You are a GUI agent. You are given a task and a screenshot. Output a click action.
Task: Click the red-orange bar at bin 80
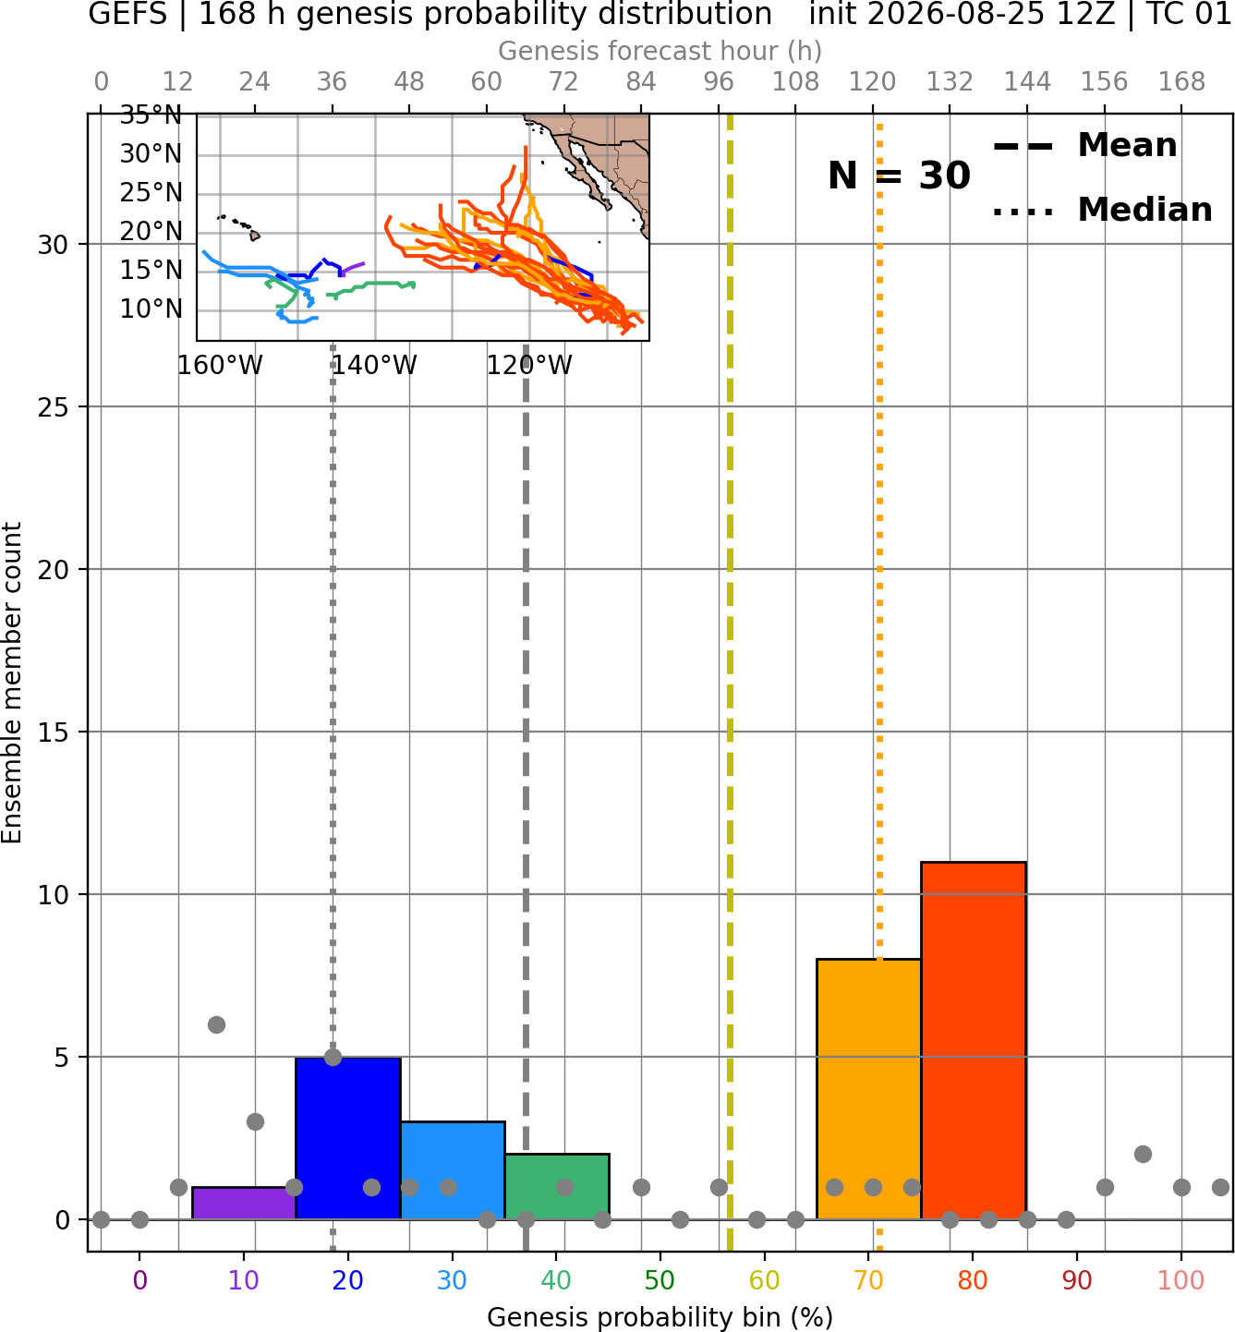pos(973,1039)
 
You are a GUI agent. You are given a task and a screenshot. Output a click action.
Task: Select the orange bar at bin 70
pos(868,1088)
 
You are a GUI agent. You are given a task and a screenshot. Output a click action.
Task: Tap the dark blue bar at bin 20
pos(347,1137)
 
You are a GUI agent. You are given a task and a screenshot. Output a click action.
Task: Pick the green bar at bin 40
pos(556,1186)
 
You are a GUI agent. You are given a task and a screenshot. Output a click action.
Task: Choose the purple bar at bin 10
pos(244,1203)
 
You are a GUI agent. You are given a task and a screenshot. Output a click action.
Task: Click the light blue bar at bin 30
pos(452,1170)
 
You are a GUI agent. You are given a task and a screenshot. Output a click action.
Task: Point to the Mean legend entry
pos(1084,146)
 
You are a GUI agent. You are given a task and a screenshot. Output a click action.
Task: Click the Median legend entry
pos(1102,210)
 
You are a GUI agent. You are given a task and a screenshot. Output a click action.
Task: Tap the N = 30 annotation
pos(899,176)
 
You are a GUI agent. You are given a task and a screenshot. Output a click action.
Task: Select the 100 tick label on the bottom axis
pos(1181,1280)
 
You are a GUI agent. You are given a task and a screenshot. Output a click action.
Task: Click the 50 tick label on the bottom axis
pos(660,1280)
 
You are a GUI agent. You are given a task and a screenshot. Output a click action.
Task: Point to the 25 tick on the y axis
pos(54,407)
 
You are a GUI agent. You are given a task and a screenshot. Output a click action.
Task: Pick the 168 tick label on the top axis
pos(1181,82)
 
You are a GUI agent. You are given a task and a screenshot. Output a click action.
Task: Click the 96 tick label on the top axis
pos(719,82)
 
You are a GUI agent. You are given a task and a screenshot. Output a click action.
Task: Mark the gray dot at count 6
pos(216,1024)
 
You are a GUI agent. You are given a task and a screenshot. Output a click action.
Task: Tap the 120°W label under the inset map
pos(529,366)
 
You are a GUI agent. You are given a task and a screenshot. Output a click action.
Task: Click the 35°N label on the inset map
pos(151,115)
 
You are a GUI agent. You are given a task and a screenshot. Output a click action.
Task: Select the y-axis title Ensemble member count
pos(11,683)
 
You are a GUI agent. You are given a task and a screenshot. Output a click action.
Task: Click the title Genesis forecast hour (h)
pos(660,51)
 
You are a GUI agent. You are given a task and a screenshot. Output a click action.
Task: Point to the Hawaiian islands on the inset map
pos(241,226)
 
